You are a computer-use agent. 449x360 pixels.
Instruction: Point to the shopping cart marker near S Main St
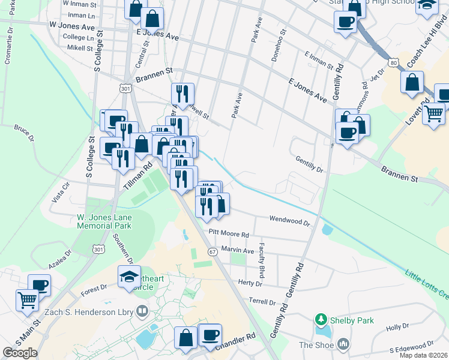(27, 299)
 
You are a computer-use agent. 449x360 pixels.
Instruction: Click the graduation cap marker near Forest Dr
(129, 277)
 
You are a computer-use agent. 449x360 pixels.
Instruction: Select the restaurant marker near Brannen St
(182, 94)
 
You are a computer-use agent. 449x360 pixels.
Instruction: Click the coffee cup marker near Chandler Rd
(210, 335)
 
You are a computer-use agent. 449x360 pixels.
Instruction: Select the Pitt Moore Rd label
(229, 232)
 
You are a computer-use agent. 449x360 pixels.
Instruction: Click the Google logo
(20, 353)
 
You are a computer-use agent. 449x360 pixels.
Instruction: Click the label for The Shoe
(316, 344)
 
